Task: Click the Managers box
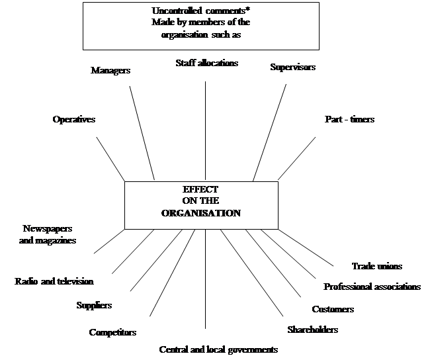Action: pyautogui.click(x=110, y=72)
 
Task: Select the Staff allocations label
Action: pyautogui.click(x=206, y=64)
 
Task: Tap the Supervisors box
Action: pyautogui.click(x=292, y=69)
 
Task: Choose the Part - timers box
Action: pyautogui.click(x=349, y=122)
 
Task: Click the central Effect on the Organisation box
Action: pyautogui.click(x=201, y=205)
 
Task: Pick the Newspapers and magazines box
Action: pyautogui.click(x=48, y=235)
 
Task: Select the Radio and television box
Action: pyautogui.click(x=54, y=281)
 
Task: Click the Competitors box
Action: pyautogui.click(x=112, y=332)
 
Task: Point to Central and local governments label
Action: pyautogui.click(x=218, y=349)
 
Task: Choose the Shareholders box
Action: pyautogui.click(x=312, y=330)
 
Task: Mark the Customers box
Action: pyautogui.click(x=332, y=309)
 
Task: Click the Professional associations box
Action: pyautogui.click(x=372, y=287)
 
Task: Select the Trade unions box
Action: pyautogui.click(x=376, y=266)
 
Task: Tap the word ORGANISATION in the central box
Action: pyautogui.click(x=201, y=213)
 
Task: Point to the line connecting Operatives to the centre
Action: pyautogui.click(x=111, y=159)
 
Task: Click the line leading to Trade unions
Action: pyautogui.click(x=304, y=246)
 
